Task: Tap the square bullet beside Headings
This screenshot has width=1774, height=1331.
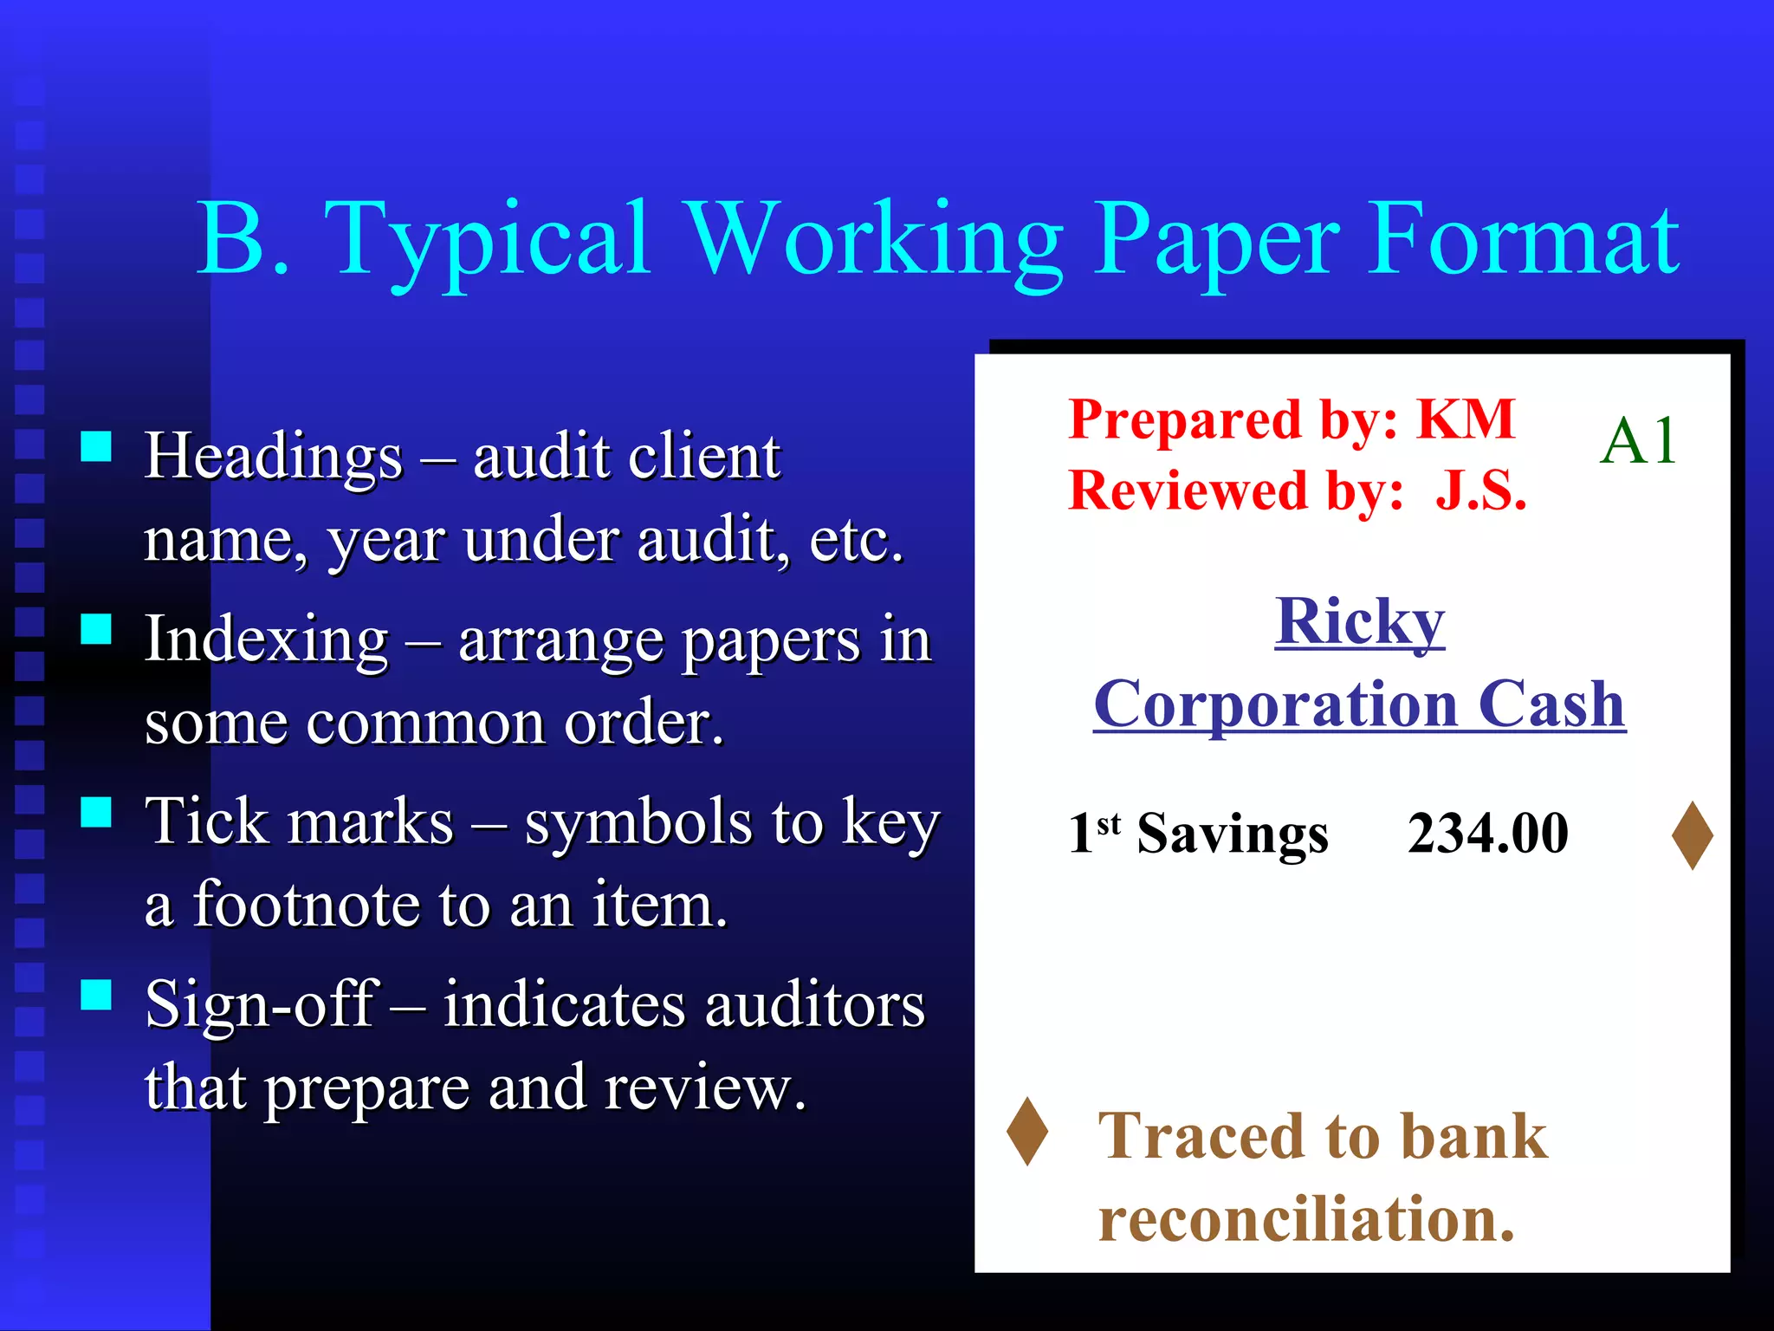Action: pos(96,447)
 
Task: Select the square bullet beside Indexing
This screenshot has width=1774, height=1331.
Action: pos(96,629)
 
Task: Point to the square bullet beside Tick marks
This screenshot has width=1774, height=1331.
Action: pos(96,813)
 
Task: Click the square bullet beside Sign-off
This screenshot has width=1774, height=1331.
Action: pos(96,996)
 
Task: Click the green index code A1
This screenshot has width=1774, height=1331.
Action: pos(1637,441)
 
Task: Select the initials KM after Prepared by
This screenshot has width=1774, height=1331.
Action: pos(1466,419)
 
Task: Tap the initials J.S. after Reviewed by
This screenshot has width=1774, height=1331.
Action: pos(1480,490)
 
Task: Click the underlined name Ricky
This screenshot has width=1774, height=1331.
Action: pos(1359,621)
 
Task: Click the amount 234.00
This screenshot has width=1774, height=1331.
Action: pos(1487,834)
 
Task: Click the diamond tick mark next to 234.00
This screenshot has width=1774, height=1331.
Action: pos(1692,835)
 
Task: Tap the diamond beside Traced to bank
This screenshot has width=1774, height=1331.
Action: pos(1027,1131)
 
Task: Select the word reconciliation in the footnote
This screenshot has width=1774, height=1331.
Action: pos(1305,1218)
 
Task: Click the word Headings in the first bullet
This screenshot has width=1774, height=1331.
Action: pos(274,456)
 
